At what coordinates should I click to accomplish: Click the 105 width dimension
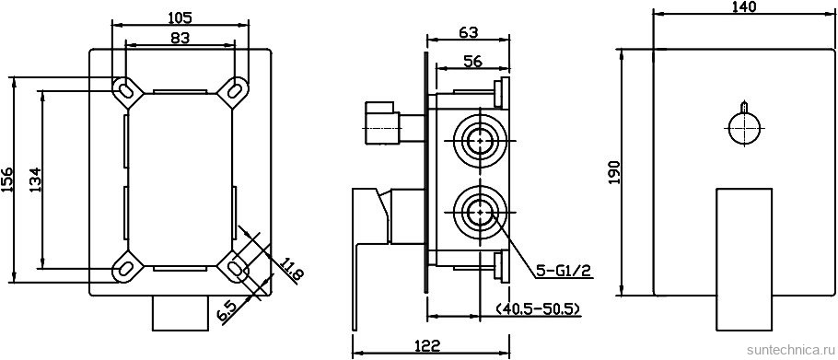(180, 17)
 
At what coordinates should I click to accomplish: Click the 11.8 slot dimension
(292, 271)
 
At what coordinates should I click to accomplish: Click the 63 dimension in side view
(468, 32)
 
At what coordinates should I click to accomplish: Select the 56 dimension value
(472, 62)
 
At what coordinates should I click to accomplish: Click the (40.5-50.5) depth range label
(538, 309)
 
